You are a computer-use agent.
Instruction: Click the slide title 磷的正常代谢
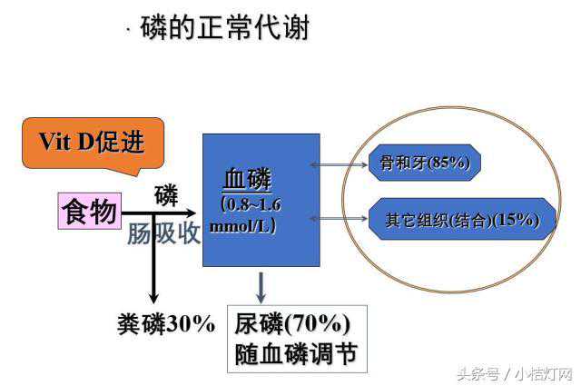point(224,27)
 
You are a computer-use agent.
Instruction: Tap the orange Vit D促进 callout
point(93,144)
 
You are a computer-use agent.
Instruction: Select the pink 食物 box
point(90,211)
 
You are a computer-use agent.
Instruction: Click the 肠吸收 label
point(163,233)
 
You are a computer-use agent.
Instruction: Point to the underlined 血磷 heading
point(247,179)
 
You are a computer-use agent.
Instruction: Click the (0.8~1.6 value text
point(251,204)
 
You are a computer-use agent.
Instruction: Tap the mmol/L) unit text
point(243,225)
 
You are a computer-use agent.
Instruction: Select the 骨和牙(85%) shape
point(425,163)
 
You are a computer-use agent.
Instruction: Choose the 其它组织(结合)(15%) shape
point(462,219)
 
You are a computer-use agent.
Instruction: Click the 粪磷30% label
point(166,323)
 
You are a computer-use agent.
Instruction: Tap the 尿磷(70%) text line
point(292,323)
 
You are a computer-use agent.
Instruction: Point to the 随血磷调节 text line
point(296,353)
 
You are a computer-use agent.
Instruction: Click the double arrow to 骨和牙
point(339,164)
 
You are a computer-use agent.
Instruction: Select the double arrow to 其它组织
point(339,219)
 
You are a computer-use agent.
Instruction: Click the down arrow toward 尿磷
point(261,288)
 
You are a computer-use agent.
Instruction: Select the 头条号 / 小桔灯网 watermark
point(515,374)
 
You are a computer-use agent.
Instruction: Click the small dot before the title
point(129,30)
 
